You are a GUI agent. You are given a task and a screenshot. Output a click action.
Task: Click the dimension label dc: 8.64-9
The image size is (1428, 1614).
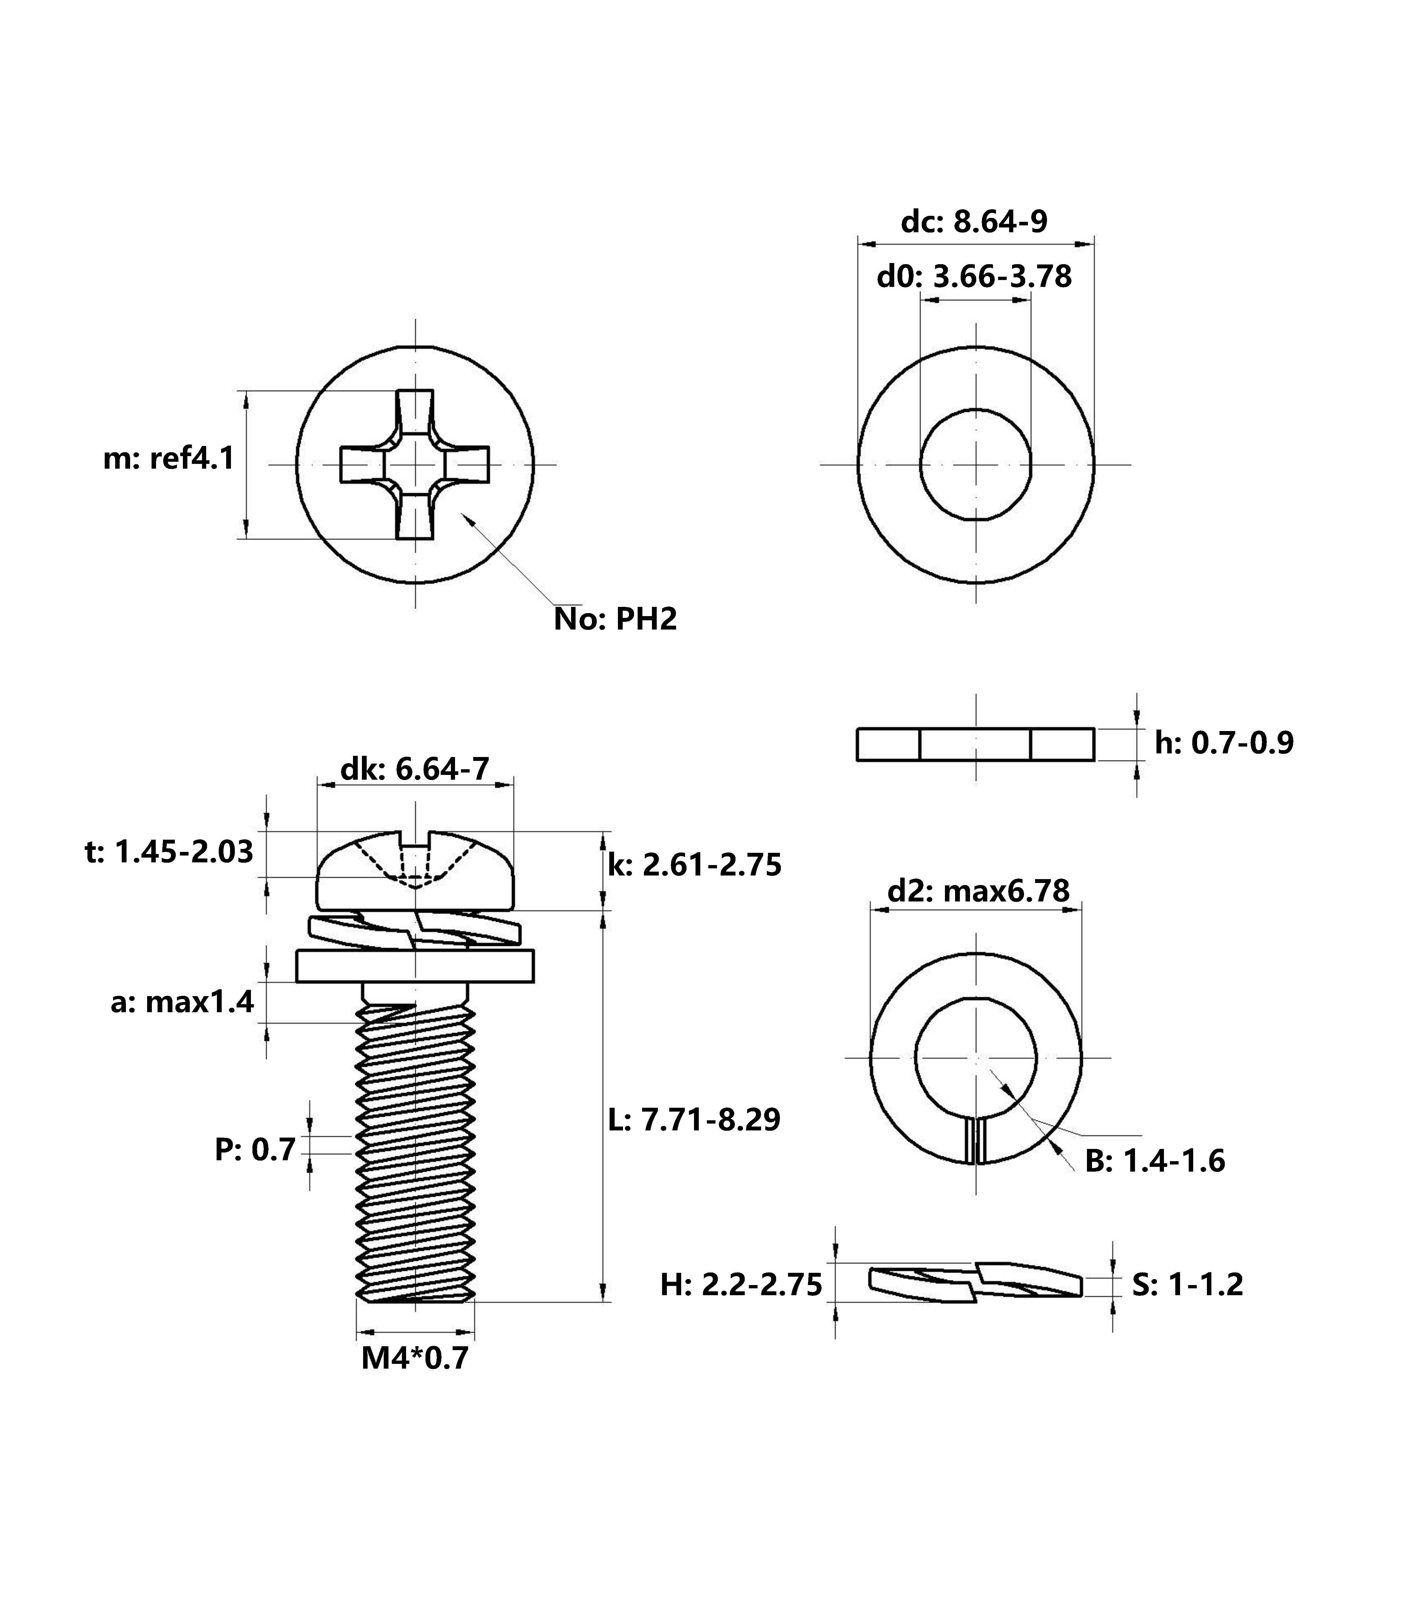(x=974, y=222)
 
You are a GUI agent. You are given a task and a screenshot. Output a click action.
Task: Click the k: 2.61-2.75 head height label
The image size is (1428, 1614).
(x=695, y=865)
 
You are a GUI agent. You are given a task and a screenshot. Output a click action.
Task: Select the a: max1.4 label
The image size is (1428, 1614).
(x=182, y=1002)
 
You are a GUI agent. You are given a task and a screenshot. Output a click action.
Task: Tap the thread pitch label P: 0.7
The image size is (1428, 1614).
(x=255, y=1150)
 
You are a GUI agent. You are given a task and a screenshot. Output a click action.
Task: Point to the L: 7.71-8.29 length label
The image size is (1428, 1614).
(x=695, y=1120)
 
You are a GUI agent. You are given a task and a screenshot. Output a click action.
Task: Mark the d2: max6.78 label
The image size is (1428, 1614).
(x=978, y=891)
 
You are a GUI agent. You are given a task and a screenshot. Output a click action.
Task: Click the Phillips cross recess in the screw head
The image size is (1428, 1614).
(x=415, y=464)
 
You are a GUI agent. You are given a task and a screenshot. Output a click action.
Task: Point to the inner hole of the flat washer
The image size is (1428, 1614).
(x=976, y=464)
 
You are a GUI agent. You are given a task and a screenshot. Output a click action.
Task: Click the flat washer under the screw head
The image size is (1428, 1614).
(x=415, y=967)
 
